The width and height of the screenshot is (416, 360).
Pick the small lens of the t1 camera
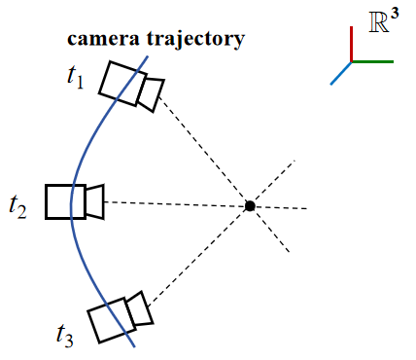pyautogui.click(x=151, y=92)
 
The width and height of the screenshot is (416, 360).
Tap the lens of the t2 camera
pyautogui.click(x=93, y=201)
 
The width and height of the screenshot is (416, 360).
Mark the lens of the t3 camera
pyautogui.click(x=138, y=308)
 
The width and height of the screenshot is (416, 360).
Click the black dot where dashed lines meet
pyautogui.click(x=250, y=205)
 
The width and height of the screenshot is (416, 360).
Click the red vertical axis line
pyautogui.click(x=351, y=44)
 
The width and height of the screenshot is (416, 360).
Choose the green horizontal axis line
pyautogui.click(x=372, y=61)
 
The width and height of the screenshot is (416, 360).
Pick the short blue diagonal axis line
pyautogui.click(x=340, y=73)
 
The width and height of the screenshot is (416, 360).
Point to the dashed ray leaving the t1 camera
pyautogui.click(x=204, y=149)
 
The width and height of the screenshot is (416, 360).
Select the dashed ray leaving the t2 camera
pyautogui.click(x=175, y=203)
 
